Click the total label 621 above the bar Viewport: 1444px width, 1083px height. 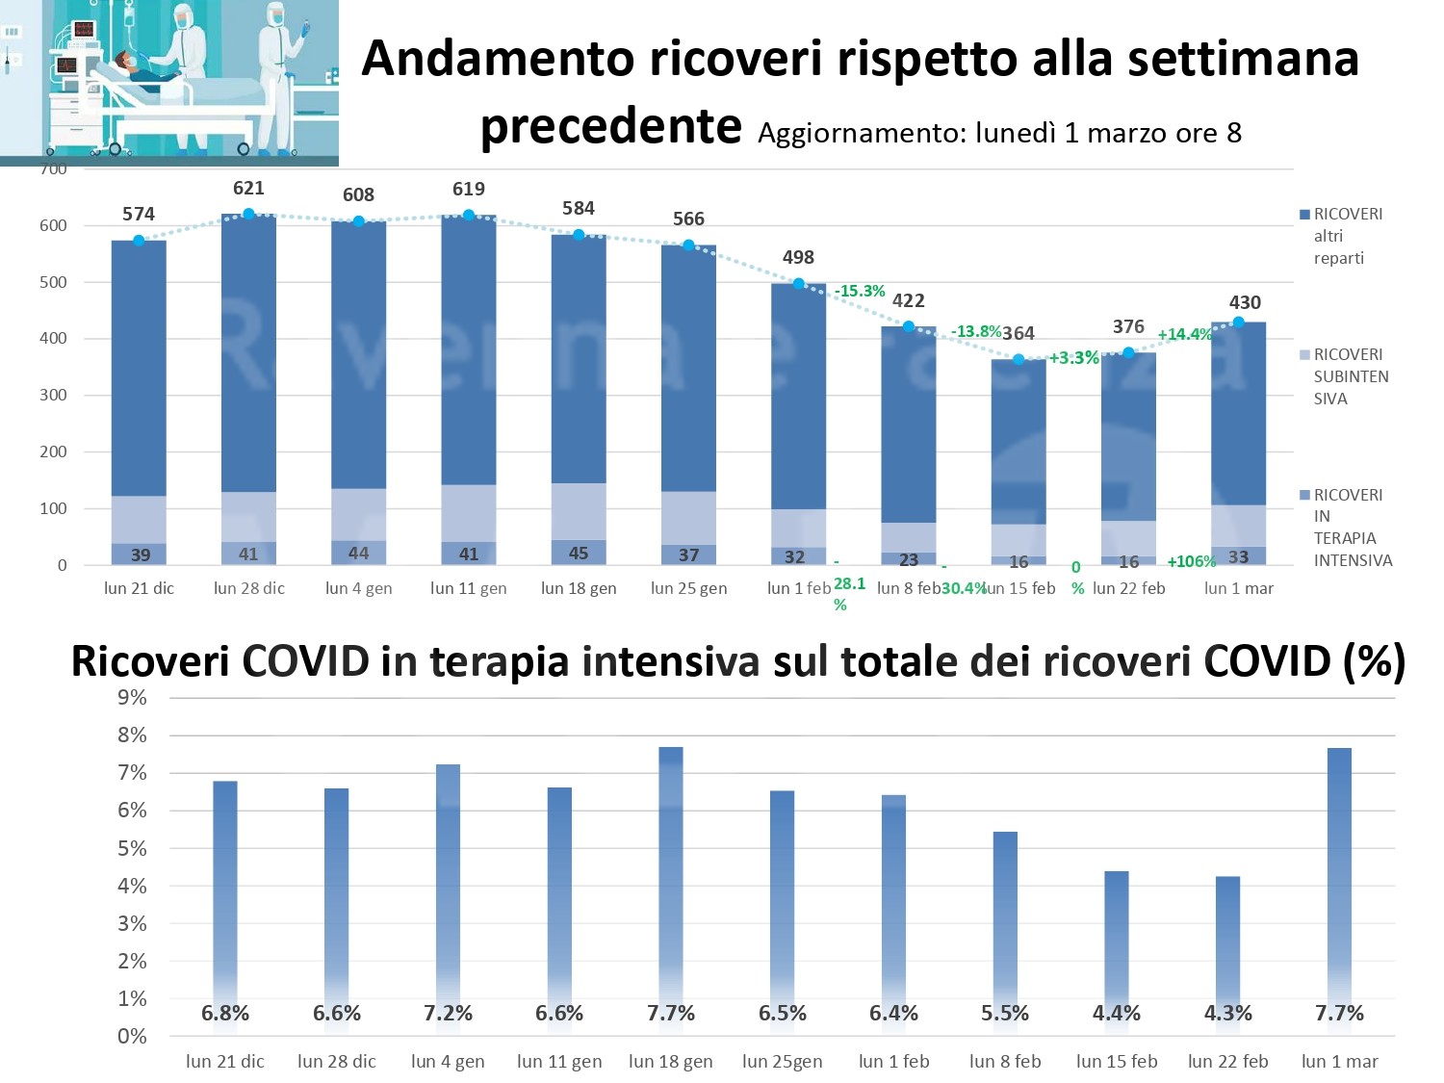pos(248,189)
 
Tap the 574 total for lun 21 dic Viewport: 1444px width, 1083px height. pos(139,214)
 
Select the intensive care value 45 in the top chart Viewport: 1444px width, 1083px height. pos(579,554)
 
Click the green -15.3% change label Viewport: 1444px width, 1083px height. pos(860,291)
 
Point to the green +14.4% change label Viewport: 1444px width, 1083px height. pos(1185,334)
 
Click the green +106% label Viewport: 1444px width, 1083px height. pos(1191,561)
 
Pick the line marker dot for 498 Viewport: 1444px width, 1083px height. pos(798,283)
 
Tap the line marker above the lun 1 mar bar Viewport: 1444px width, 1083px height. pos(1239,322)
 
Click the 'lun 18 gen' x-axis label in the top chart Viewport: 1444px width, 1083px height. pos(579,588)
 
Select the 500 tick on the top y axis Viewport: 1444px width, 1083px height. pos(54,282)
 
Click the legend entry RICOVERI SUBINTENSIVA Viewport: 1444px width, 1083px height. pos(1350,376)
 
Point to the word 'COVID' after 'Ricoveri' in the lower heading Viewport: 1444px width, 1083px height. pos(305,662)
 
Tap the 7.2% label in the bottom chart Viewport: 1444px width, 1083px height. pos(448,1014)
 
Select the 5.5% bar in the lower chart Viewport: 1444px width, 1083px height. pos(1005,915)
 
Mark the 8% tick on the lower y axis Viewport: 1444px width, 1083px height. pos(132,735)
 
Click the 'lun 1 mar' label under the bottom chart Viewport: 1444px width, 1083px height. pos(1339,1062)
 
